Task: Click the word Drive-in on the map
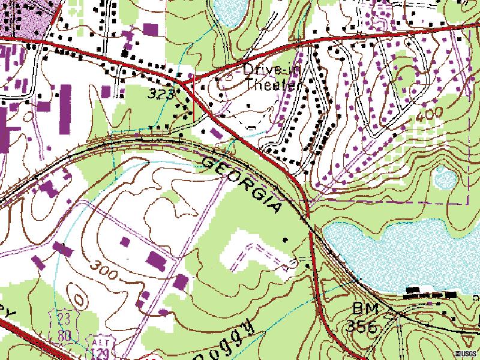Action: coord(271,70)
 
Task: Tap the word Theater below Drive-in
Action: coord(272,85)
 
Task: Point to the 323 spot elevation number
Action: coord(161,94)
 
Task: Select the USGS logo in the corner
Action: coord(466,353)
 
